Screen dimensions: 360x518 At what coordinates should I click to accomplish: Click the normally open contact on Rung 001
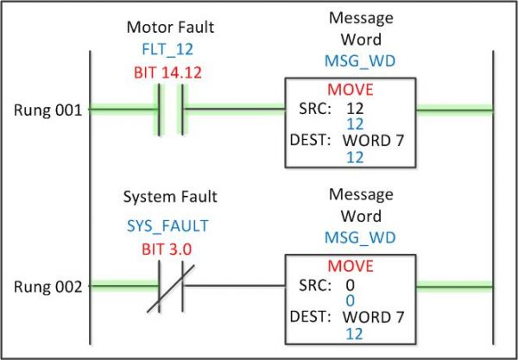pyautogui.click(x=169, y=110)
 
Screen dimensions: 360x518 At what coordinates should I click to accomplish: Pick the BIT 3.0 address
pyautogui.click(x=167, y=249)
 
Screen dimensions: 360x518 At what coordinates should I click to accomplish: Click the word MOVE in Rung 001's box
pyautogui.click(x=350, y=91)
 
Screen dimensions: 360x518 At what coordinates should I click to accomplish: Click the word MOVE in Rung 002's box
pyautogui.click(x=350, y=265)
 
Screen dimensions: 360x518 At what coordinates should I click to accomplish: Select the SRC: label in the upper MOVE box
pyautogui.click(x=314, y=109)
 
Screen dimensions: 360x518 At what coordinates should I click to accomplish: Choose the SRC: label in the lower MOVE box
pyautogui.click(x=314, y=285)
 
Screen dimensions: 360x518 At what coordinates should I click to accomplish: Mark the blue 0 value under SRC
pyautogui.click(x=350, y=300)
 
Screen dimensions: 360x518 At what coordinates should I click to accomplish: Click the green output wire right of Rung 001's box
pyautogui.click(x=454, y=110)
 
